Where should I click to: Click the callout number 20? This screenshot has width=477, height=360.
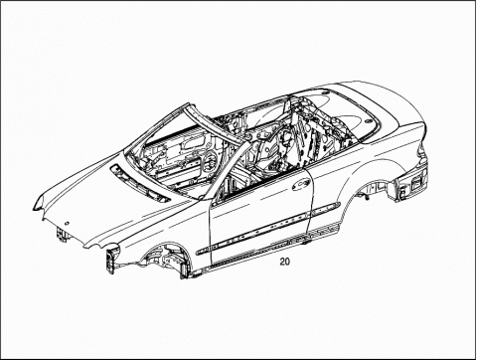(284, 262)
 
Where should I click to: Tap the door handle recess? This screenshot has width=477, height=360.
(301, 184)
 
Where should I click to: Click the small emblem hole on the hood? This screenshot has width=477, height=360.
(67, 224)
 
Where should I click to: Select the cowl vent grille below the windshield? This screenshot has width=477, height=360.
(140, 183)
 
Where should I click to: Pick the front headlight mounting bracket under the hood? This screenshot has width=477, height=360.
(62, 235)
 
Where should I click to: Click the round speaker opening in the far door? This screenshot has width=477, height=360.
(210, 161)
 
